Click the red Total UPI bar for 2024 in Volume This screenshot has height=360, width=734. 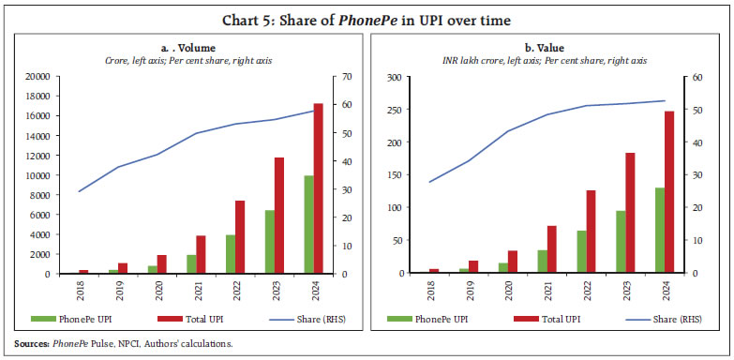point(317,188)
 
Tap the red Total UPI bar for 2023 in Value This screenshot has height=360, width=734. point(629,213)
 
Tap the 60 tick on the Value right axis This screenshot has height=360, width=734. point(697,77)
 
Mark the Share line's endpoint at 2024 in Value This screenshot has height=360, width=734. point(666,100)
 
